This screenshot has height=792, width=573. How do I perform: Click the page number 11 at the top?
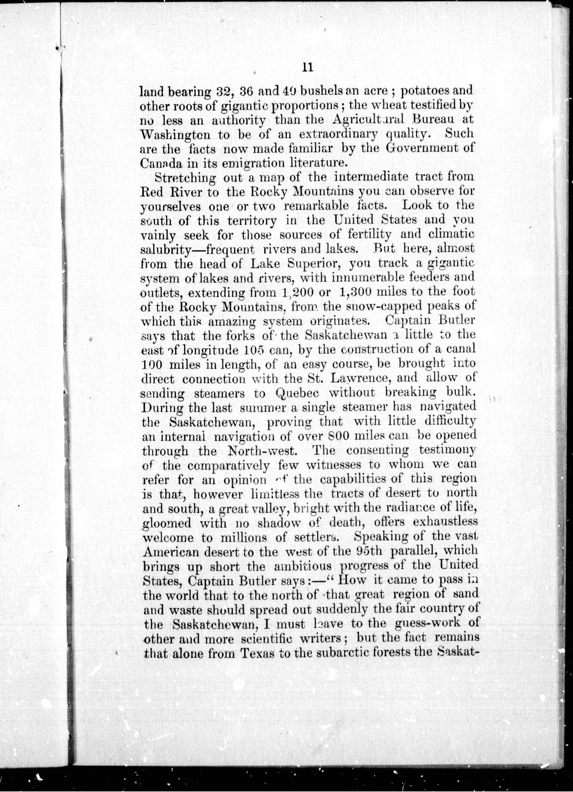[x=308, y=67]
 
